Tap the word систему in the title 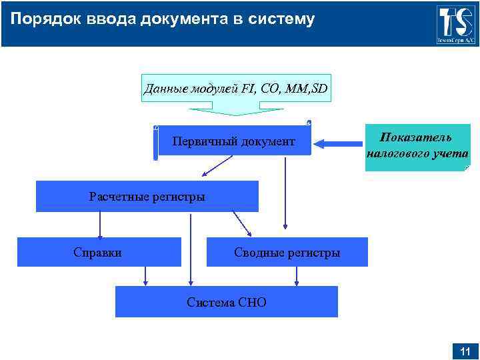(281, 19)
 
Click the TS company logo (456, 23)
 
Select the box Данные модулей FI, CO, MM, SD (236, 88)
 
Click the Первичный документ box (233, 141)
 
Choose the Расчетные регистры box (147, 197)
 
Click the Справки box (98, 252)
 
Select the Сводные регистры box (287, 253)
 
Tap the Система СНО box (226, 302)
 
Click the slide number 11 (465, 351)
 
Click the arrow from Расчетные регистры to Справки (100, 225)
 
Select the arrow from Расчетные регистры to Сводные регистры (242, 224)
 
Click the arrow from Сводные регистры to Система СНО (296, 276)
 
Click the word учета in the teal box (449, 153)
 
